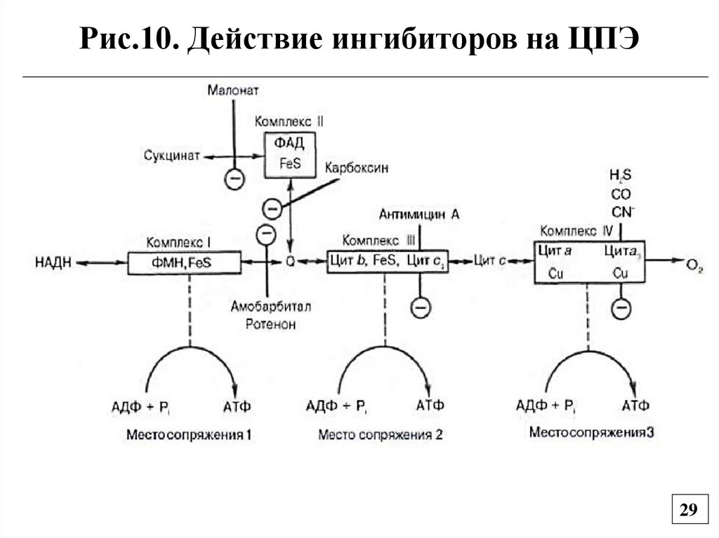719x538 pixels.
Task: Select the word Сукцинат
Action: (x=172, y=155)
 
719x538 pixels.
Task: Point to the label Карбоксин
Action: (x=356, y=168)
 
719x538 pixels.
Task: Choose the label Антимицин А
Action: (x=419, y=215)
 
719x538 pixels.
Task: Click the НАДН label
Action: (x=53, y=263)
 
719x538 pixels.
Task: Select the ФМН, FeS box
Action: (x=184, y=263)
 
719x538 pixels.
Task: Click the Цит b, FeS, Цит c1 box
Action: (x=388, y=262)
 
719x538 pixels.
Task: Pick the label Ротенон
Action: (x=270, y=324)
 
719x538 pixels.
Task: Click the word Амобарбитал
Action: (x=270, y=307)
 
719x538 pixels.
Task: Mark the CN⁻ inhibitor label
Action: (x=621, y=210)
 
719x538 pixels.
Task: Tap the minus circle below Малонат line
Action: (x=235, y=179)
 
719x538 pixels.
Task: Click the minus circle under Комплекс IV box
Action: (x=621, y=308)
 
